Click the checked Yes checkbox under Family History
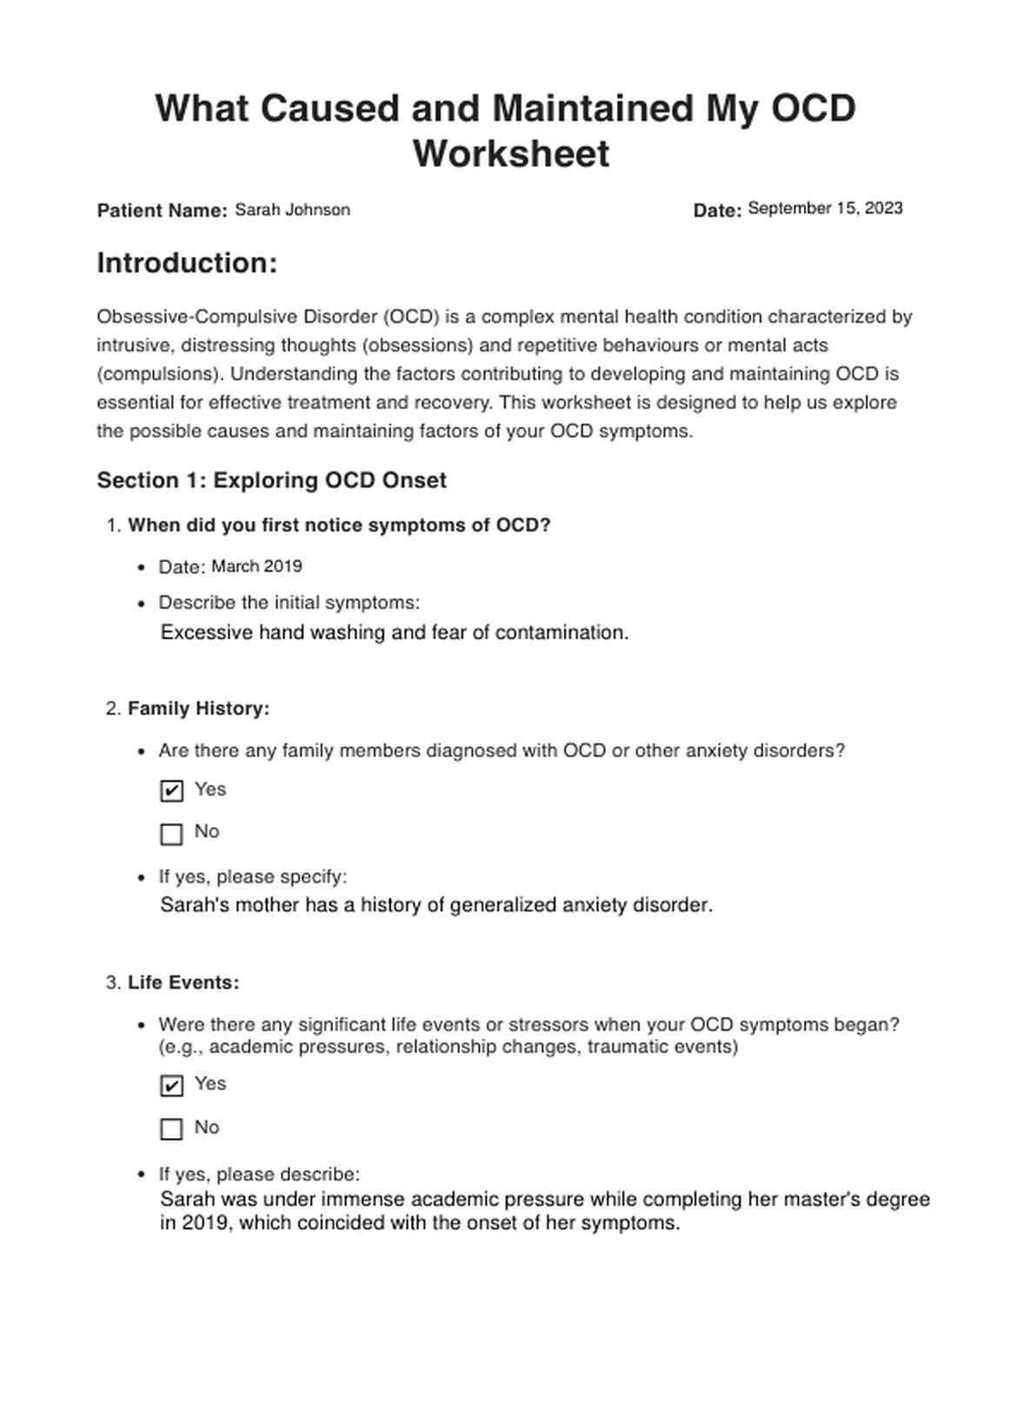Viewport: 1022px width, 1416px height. click(x=172, y=791)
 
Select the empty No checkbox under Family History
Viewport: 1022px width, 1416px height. click(x=172, y=834)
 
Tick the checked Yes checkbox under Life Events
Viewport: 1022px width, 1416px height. click(x=172, y=1086)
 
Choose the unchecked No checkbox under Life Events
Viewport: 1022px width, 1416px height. click(x=172, y=1128)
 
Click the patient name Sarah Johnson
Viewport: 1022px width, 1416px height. click(x=292, y=209)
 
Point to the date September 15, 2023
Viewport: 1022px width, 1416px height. click(x=825, y=208)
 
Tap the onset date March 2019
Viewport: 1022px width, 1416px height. click(x=256, y=566)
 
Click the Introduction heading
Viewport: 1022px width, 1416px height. click(x=187, y=263)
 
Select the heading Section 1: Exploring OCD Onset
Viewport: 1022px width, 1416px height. click(x=271, y=480)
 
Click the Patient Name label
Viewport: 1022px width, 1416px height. click(x=163, y=210)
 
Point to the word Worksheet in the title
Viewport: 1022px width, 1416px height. click(x=511, y=154)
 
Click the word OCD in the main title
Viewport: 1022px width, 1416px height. click(x=814, y=109)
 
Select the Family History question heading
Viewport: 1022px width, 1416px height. click(x=198, y=709)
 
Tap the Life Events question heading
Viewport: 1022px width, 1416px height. click(x=183, y=983)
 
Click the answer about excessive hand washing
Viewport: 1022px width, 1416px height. click(x=395, y=632)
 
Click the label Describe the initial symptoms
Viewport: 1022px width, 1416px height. click(x=289, y=603)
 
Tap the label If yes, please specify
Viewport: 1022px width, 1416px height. click(x=252, y=877)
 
